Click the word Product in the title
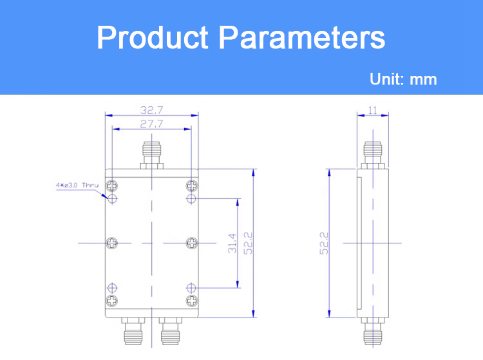(153, 37)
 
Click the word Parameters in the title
(302, 37)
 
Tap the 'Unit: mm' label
(403, 79)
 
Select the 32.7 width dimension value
(151, 110)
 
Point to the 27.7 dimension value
(151, 124)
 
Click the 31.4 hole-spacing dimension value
(232, 243)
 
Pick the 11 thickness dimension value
(373, 110)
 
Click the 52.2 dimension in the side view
(324, 243)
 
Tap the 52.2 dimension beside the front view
(248, 243)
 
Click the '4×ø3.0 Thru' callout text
(77, 185)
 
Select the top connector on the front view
(151, 155)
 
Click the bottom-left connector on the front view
(133, 331)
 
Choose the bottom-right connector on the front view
(171, 331)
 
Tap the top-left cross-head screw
(112, 185)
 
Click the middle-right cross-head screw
(192, 243)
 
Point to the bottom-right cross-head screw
(192, 300)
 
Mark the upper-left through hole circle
(112, 198)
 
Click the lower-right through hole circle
(191, 288)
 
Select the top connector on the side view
(373, 155)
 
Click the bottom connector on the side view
(373, 331)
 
